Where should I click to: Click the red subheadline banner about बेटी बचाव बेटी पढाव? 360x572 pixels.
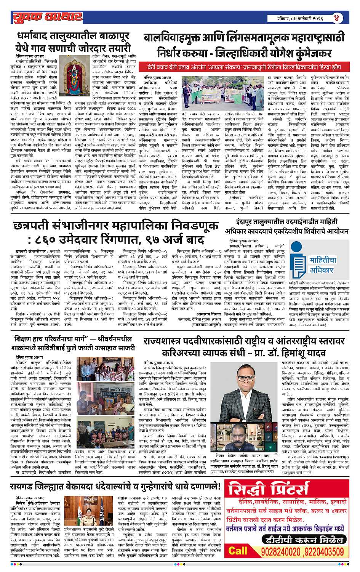click(x=244, y=67)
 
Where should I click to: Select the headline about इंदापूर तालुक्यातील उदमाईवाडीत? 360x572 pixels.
click(x=292, y=226)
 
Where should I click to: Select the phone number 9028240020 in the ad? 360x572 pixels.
click(x=280, y=551)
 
